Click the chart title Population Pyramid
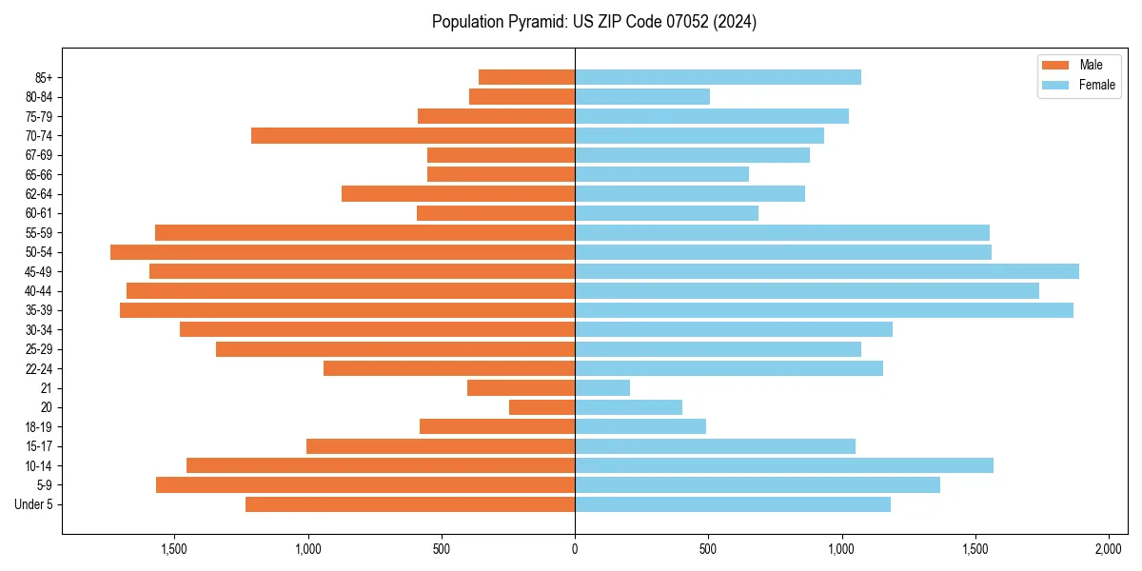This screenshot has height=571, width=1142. coord(594,22)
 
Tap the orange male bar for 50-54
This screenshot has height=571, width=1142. coord(343,252)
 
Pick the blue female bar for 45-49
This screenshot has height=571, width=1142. coord(826,271)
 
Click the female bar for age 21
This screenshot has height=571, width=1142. coord(602,388)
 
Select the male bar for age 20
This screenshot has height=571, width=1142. coord(541,407)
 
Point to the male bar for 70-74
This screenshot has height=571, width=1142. coord(413,136)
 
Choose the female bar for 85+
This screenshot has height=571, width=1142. coord(718,77)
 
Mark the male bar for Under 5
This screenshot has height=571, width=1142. coord(410,504)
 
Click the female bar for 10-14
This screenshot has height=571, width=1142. coord(784,465)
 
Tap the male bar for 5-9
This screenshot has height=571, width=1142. coord(365,485)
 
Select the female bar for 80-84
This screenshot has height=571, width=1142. coord(642,96)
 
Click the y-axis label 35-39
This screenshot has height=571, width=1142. coord(39,310)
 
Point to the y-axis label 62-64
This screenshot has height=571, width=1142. coord(39,194)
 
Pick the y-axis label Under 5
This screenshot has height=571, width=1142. coord(34,504)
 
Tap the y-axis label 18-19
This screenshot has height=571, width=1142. coord(39,427)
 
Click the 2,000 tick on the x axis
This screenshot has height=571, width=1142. coord(1109,549)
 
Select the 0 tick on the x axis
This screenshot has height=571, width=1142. coord(575,549)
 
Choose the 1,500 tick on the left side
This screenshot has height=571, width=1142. coord(174,549)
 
